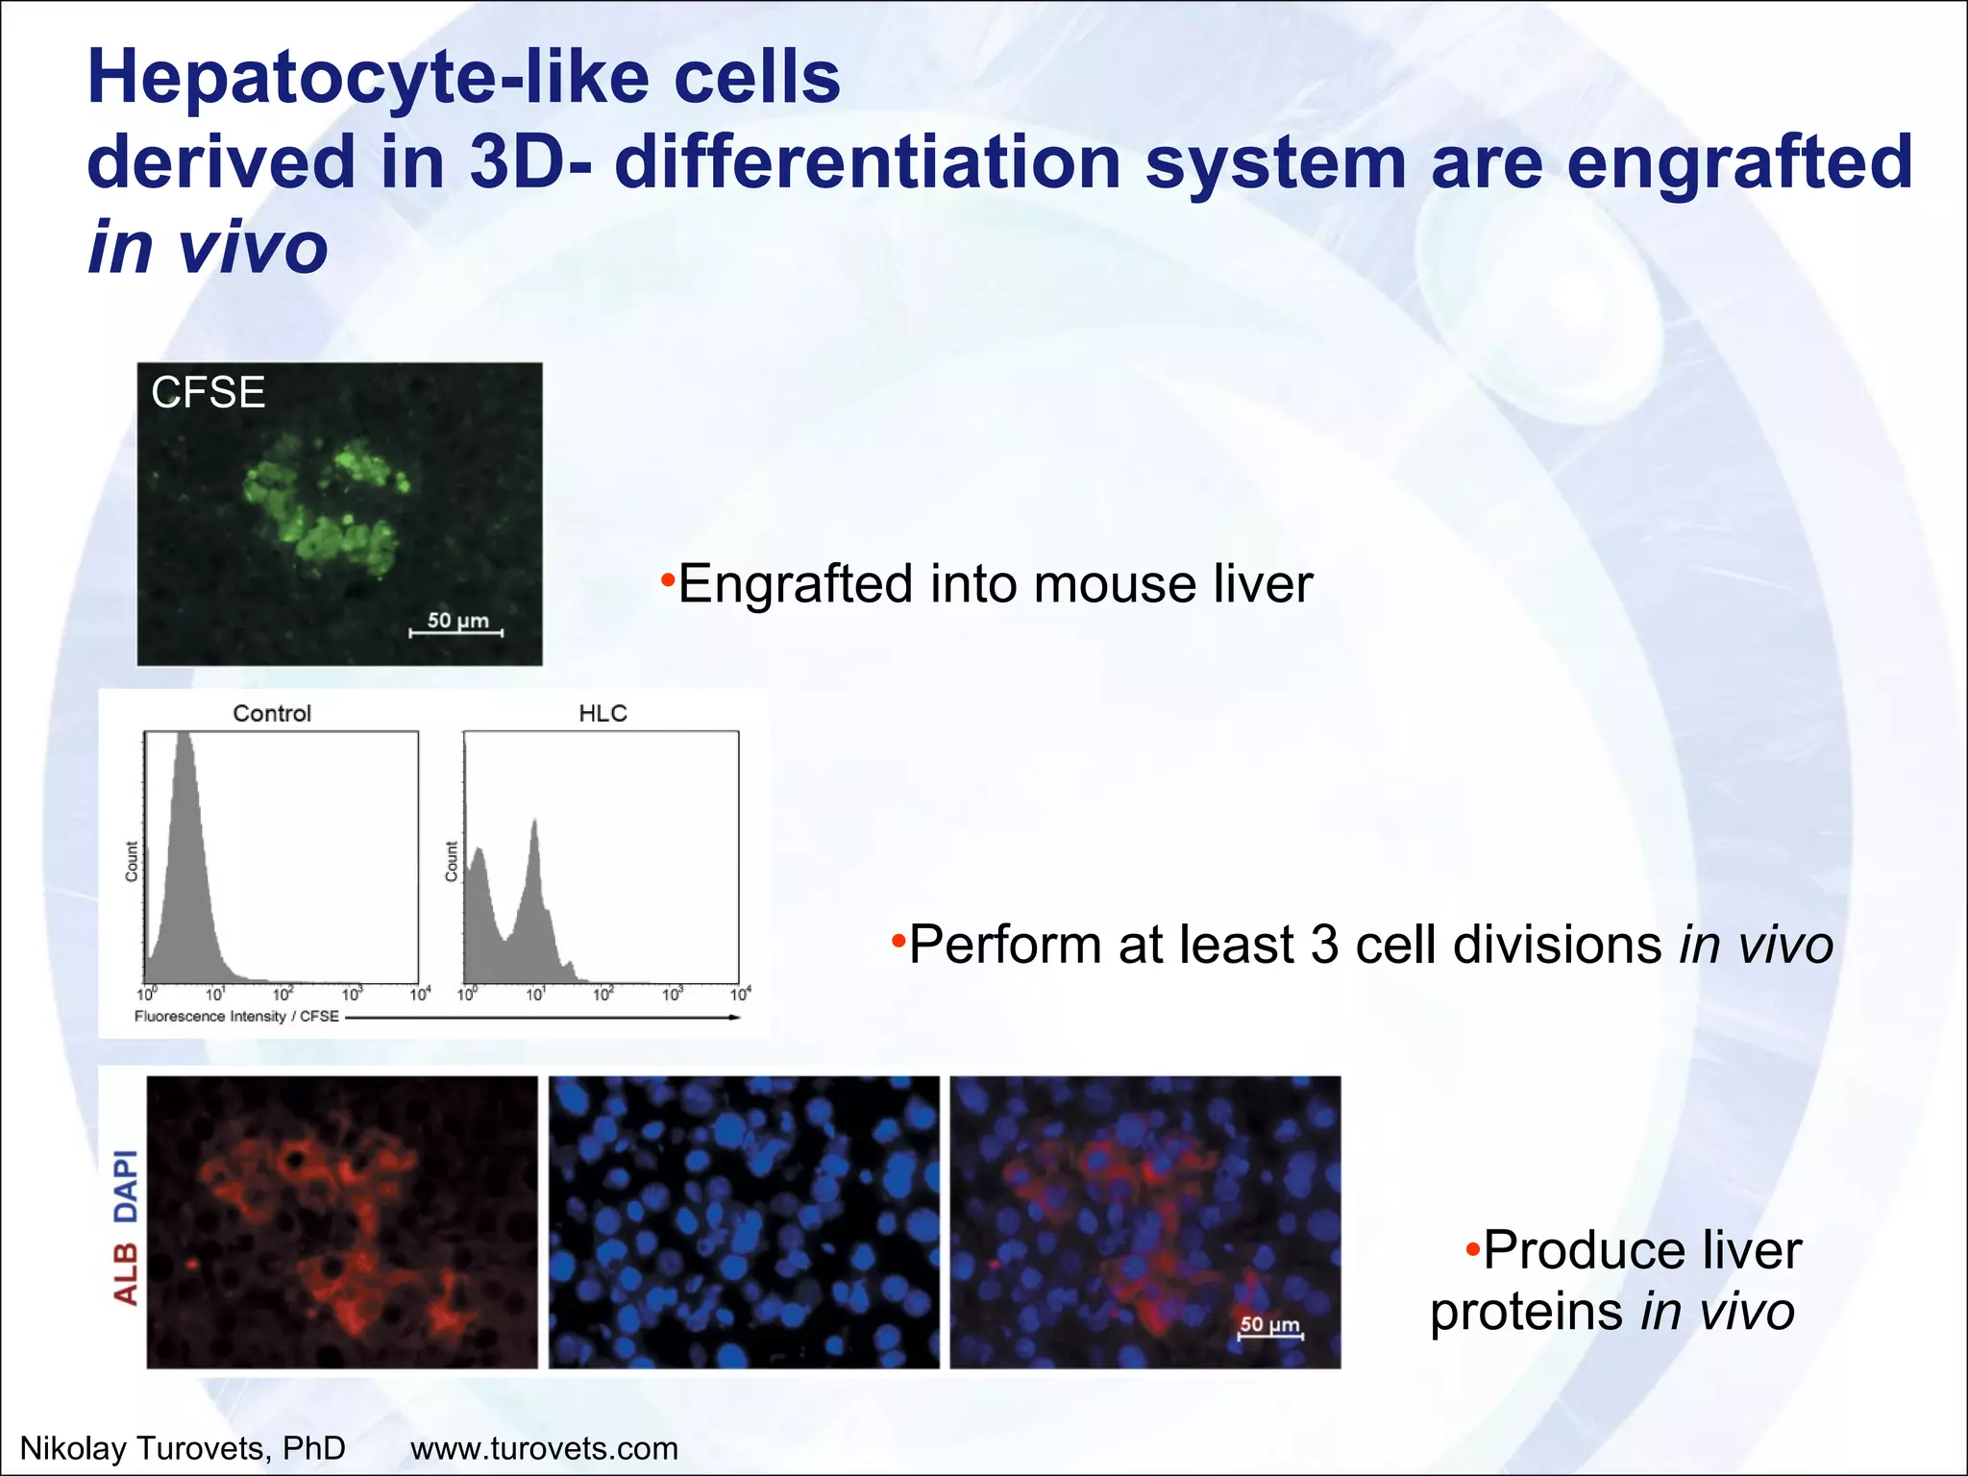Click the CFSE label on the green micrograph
pos(208,393)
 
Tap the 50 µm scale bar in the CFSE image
pos(456,631)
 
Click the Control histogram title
pos(272,713)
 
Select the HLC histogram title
pos(603,713)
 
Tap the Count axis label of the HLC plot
pos(451,861)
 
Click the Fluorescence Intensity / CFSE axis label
pos(236,1017)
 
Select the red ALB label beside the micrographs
pos(126,1274)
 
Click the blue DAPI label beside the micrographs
pos(126,1186)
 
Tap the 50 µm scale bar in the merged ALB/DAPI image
pos(1269,1334)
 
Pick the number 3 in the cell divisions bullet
pos(1324,945)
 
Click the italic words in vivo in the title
pos(208,248)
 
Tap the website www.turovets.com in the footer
pos(544,1448)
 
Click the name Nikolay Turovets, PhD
pos(183,1448)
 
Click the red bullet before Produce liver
pos(1472,1250)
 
